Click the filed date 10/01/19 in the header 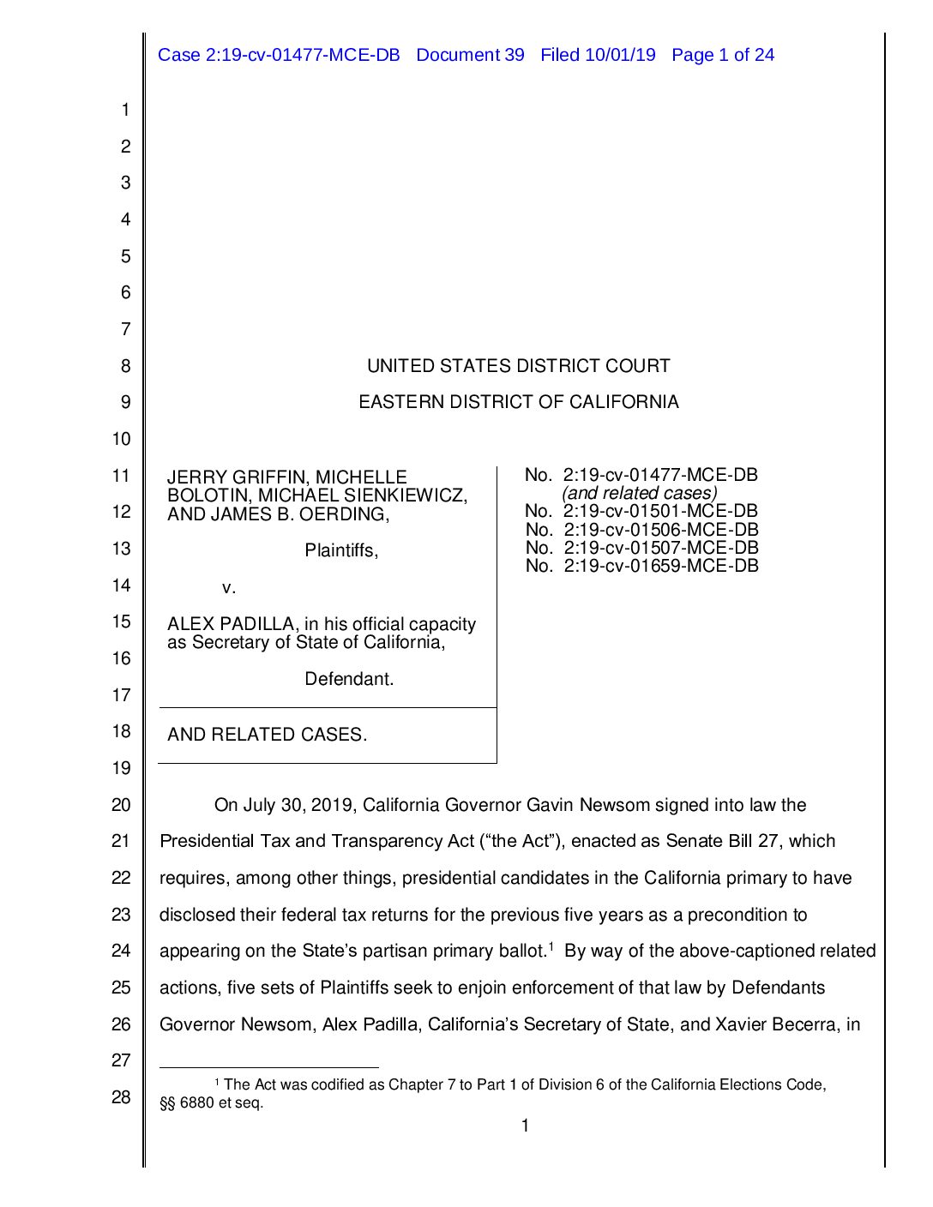click(x=620, y=55)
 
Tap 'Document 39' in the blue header click(x=470, y=55)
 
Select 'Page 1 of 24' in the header click(x=723, y=55)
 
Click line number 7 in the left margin click(x=125, y=329)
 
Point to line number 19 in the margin click(x=121, y=768)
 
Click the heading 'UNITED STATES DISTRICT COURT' click(x=518, y=366)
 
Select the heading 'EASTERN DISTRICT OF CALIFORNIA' click(x=518, y=402)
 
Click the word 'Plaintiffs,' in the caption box click(x=341, y=550)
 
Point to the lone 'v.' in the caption click(x=229, y=588)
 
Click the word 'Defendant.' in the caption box click(x=349, y=679)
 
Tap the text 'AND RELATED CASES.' click(x=267, y=735)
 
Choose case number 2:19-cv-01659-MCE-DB click(x=660, y=566)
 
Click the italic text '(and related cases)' click(x=639, y=493)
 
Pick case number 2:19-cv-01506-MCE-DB click(x=660, y=530)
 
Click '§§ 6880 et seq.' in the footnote click(x=212, y=1103)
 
